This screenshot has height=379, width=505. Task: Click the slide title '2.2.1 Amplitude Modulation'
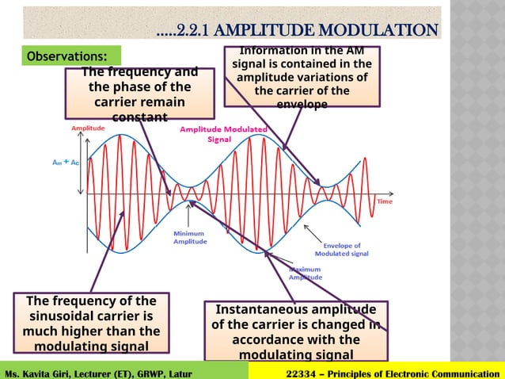pos(297,30)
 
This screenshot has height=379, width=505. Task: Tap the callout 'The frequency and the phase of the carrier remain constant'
pos(140,94)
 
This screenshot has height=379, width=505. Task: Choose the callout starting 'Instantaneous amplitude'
pos(296,331)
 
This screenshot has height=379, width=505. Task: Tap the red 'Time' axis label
pos(385,201)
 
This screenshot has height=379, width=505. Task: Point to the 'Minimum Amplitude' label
pos(190,238)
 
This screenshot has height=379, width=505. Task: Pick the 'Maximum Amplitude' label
pos(304,274)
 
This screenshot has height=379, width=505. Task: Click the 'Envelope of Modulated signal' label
pos(341,250)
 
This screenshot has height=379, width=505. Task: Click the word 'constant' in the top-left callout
pos(139,117)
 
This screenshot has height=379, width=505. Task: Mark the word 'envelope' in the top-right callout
pos(302,105)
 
